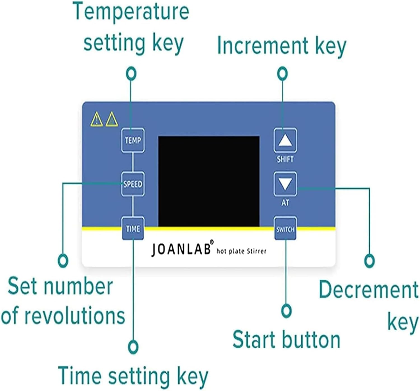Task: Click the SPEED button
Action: point(133,184)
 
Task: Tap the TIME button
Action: point(133,228)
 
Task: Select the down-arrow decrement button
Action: point(285,184)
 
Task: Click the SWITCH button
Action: point(285,228)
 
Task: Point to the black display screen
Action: point(209,181)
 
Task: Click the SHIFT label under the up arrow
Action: point(285,159)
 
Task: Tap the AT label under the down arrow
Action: point(285,203)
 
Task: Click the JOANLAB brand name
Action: point(181,249)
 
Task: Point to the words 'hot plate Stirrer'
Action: point(241,251)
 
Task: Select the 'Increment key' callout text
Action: point(281,46)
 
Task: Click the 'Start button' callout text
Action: point(286,340)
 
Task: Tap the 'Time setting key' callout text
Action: point(133,377)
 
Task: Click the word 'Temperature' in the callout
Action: point(131,12)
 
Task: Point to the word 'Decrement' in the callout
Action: point(368,290)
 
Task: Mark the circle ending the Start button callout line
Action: point(286,311)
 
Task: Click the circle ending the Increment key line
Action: point(282,73)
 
